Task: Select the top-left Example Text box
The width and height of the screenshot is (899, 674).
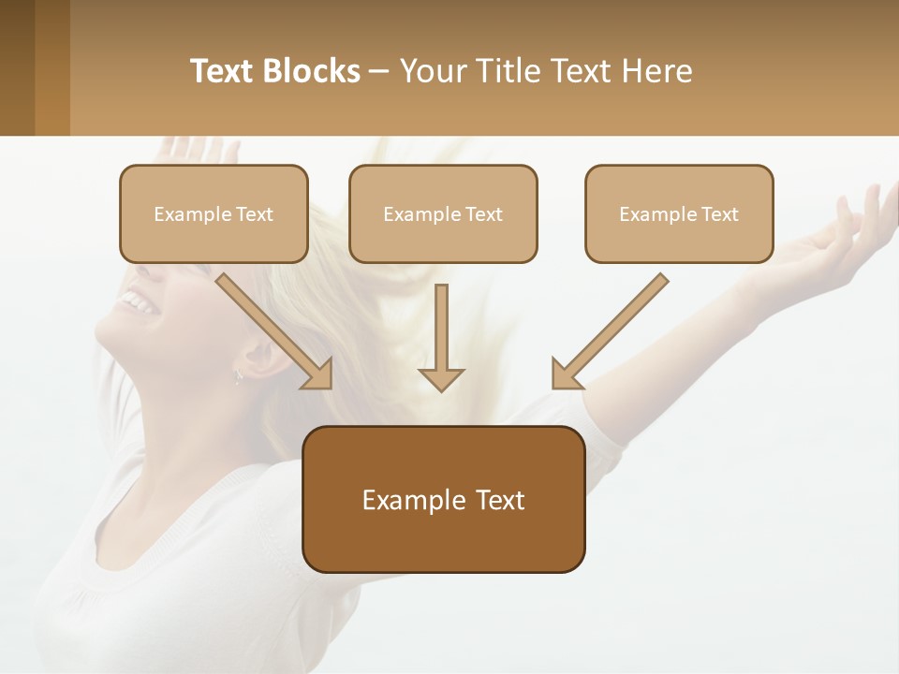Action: click(x=214, y=213)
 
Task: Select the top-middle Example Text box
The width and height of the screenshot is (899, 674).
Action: click(x=443, y=213)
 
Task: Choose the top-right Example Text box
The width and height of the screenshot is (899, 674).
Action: click(x=679, y=213)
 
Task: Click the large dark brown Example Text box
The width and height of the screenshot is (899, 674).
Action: click(x=444, y=499)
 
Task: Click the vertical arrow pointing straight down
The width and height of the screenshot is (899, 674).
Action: click(x=441, y=338)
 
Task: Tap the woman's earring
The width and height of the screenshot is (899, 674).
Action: click(x=238, y=376)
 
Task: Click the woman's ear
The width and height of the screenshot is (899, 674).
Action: click(x=255, y=354)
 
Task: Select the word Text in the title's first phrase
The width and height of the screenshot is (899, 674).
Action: click(x=224, y=71)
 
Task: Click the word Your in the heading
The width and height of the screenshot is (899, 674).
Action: click(x=432, y=71)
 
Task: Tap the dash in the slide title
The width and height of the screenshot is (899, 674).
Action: click(x=379, y=71)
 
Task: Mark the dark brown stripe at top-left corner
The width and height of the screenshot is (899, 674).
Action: click(x=17, y=67)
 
